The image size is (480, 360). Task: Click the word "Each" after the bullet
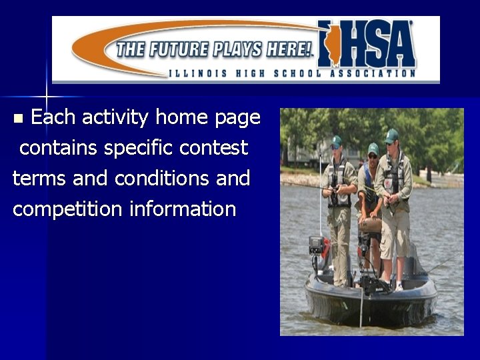tap(52, 118)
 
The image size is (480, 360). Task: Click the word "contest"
tap(216, 148)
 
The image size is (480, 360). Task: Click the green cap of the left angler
tap(336, 141)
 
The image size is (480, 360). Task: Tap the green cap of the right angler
tap(392, 135)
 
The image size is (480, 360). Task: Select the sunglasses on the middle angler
tap(372, 155)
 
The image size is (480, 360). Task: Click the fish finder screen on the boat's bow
tap(315, 245)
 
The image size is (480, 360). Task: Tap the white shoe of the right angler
tap(399, 286)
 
